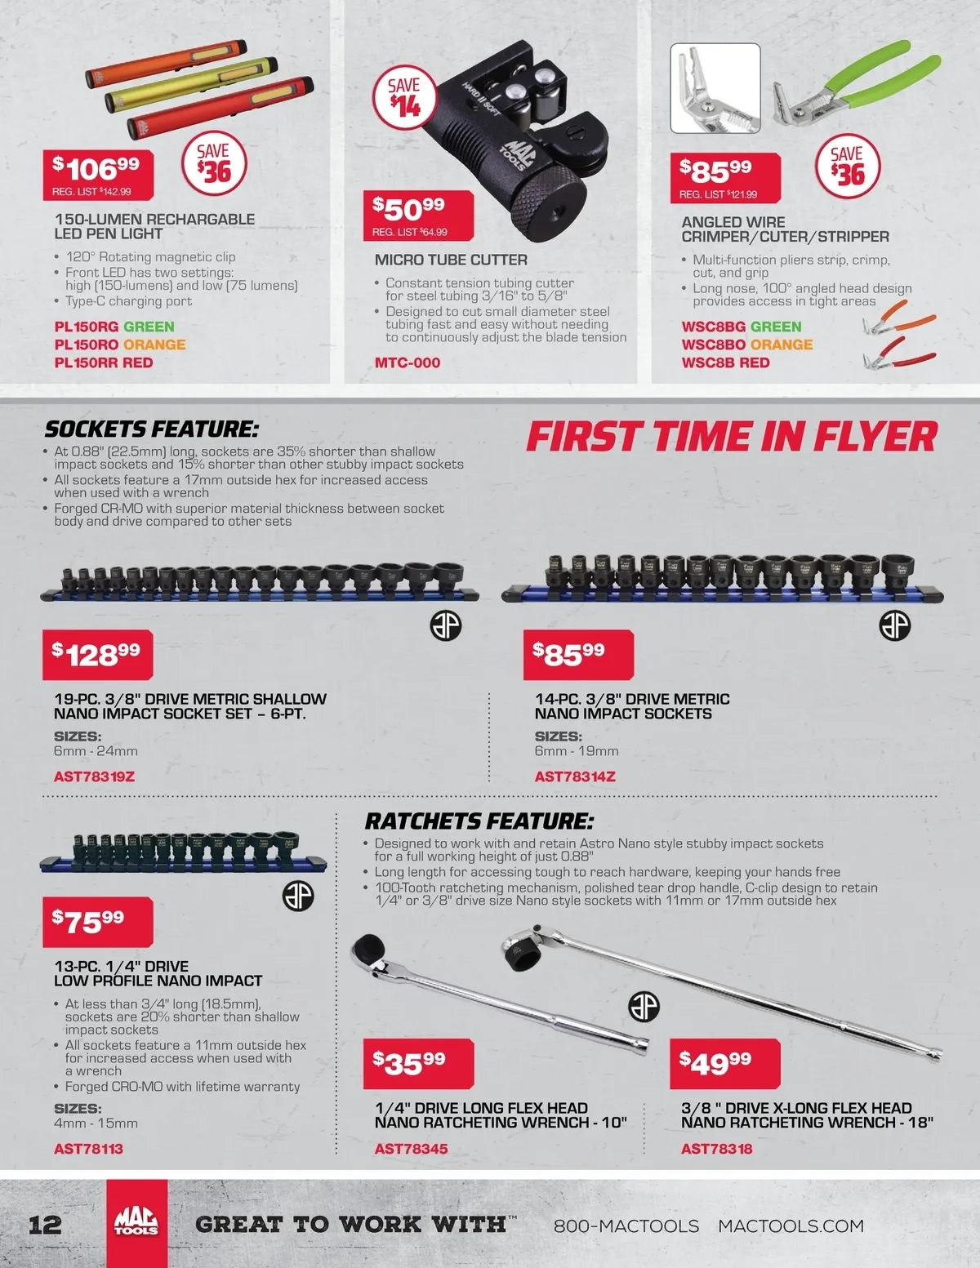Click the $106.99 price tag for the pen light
point(98,175)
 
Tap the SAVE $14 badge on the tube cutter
point(404,98)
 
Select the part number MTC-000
point(408,363)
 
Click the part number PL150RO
point(87,345)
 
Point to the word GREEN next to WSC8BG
point(776,327)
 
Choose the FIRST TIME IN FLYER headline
point(732,437)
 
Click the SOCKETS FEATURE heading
point(151,429)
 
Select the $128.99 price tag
point(98,655)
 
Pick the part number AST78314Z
point(575,776)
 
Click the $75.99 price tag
point(98,922)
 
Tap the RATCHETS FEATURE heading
point(479,821)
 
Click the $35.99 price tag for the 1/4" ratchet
point(418,1064)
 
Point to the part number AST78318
point(717,1149)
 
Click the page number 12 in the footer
point(45,1224)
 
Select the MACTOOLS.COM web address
point(791,1226)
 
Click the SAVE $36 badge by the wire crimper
point(848,166)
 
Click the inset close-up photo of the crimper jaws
point(715,88)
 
